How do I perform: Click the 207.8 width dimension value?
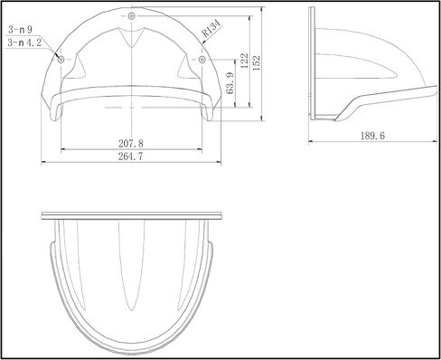coord(131,143)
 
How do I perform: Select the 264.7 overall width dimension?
coord(131,156)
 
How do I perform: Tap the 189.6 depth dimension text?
coord(372,136)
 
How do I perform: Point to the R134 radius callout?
coord(211,28)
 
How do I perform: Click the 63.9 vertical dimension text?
coord(230,83)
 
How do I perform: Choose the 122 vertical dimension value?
coord(245,61)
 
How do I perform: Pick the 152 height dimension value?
coord(257,63)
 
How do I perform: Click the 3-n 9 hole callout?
coord(20,30)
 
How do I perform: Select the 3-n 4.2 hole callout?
coord(24,43)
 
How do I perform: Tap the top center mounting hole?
coord(131,16)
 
